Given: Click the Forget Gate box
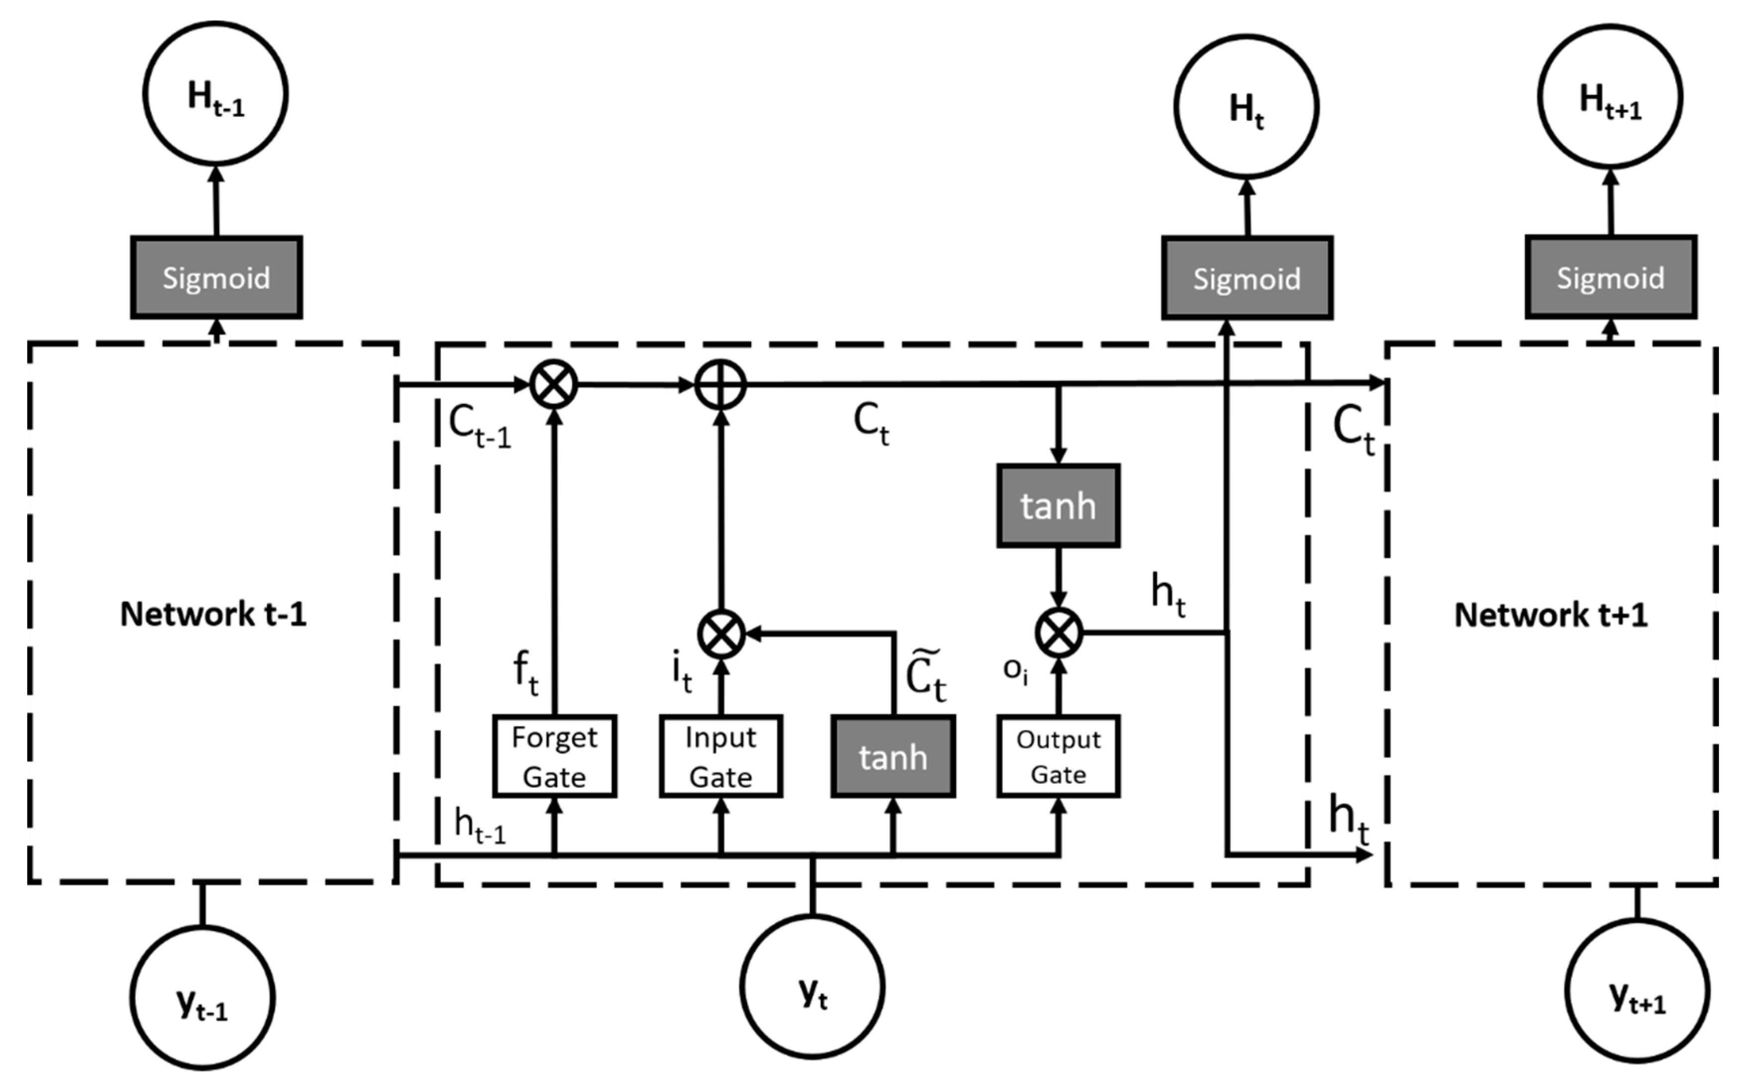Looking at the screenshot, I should pos(554,756).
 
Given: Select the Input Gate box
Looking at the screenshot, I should pos(720,756).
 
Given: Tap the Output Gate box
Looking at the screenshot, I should pos(1058,756).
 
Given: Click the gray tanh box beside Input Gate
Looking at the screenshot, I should pos(893,756).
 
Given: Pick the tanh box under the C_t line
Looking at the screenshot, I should pos(1058,506).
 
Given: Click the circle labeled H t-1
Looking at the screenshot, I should pos(215,94).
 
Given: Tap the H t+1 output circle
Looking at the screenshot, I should pos(1610,97).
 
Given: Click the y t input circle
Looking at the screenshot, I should pos(812,986).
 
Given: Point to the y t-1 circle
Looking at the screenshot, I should pos(202,998).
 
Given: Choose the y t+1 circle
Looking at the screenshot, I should pos(1637,990).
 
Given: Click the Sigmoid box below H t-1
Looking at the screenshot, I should pos(216,277).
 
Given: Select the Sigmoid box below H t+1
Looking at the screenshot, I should pos(1610,277).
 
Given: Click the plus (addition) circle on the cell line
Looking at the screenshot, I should pos(721,385).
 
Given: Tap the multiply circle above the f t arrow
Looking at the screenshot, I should pos(553,385).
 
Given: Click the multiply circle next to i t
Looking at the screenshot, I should pos(721,634).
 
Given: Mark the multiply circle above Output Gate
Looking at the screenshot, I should pos(1058,632).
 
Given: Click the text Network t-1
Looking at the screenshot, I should pos(213,614).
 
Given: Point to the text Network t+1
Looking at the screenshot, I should pos(1550,615).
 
